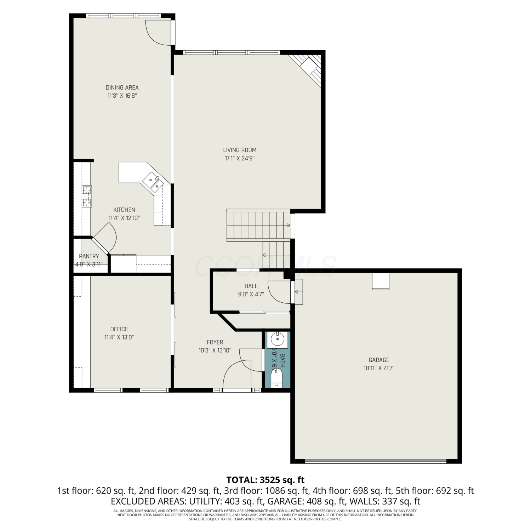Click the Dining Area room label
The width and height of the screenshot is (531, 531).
coord(122,87)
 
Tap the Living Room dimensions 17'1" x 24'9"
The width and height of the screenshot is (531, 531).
coord(240,159)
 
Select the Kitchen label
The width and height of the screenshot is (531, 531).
coord(124,210)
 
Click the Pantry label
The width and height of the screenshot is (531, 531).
coord(89,256)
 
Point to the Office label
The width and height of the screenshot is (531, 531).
coord(119,329)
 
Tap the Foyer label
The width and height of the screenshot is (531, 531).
coord(215,342)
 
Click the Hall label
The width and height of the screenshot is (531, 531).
coord(251,286)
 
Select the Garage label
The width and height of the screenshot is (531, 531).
coord(379,360)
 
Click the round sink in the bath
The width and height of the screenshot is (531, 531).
coord(278,339)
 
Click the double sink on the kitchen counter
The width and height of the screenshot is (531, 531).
coord(153,182)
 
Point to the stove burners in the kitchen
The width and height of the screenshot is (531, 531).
coord(87,196)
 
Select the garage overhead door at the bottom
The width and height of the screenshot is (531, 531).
coord(376,461)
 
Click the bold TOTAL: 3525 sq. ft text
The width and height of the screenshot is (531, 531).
coord(265,480)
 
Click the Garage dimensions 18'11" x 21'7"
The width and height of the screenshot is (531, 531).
coord(379,368)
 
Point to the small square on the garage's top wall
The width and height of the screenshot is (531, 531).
coord(381,281)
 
